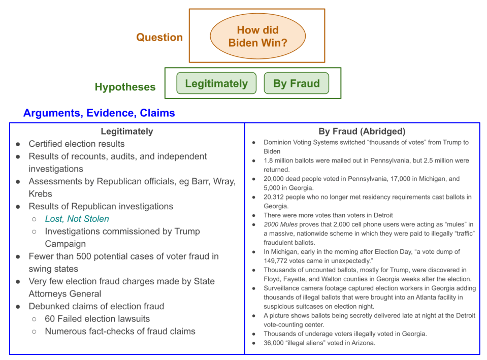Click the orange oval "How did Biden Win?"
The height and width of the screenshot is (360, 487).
tap(257, 37)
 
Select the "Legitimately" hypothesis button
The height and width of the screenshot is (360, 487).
tap(216, 84)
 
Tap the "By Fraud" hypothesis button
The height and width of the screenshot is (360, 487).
tap(296, 84)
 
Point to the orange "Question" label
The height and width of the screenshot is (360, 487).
tap(159, 38)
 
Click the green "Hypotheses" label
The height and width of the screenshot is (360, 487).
tap(125, 87)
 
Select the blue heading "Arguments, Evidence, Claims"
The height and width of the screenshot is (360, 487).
tap(99, 113)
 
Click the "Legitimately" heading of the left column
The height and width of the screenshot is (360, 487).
tap(126, 131)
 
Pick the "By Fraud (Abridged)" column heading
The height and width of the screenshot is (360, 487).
tap(362, 131)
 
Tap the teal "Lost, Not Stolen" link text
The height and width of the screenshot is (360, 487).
tap(77, 219)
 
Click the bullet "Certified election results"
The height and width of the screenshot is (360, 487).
tap(77, 144)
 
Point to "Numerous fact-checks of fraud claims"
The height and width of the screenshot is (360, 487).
tap(120, 332)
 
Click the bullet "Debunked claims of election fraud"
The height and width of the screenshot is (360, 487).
tap(96, 306)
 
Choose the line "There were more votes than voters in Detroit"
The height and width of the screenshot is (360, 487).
tap(321, 215)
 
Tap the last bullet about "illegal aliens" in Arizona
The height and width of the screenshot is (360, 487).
tap(319, 343)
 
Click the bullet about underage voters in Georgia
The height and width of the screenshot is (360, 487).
tap(345, 334)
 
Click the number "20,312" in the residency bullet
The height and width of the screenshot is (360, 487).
tap(274, 197)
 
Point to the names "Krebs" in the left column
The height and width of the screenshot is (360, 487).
tap(41, 193)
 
